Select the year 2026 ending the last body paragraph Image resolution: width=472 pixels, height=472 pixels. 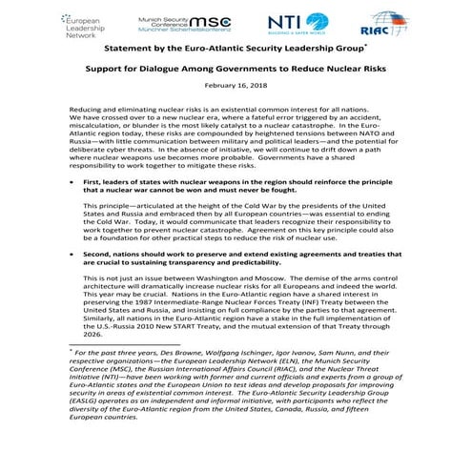click(x=94, y=335)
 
